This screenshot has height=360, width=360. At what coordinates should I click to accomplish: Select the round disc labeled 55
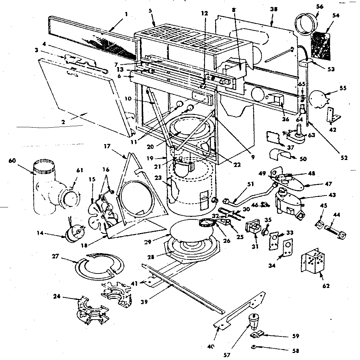(319, 97)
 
